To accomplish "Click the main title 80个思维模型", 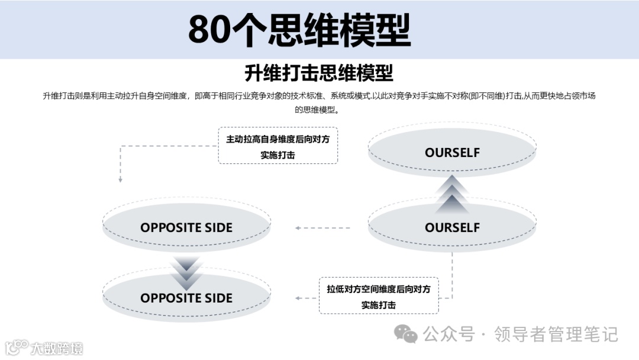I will click(x=299, y=30).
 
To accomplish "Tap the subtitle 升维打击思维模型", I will click(x=319, y=73).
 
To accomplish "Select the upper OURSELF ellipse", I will click(x=452, y=152).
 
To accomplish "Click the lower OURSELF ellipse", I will click(x=452, y=227).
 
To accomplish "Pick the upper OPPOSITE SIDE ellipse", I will click(x=186, y=227).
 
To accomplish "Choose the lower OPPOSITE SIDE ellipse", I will click(x=186, y=298).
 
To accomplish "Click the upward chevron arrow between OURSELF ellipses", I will click(x=452, y=193).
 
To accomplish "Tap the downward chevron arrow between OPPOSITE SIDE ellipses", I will click(x=187, y=270).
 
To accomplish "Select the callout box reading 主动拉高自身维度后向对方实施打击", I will click(x=277, y=146).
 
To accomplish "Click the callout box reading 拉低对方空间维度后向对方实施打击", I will click(x=379, y=296).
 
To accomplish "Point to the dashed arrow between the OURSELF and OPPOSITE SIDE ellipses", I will click(x=323, y=227).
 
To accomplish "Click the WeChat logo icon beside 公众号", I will click(x=406, y=335).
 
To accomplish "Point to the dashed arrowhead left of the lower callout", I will click(x=298, y=298).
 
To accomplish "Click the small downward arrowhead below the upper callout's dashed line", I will click(x=120, y=179).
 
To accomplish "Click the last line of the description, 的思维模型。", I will click(x=319, y=110).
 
